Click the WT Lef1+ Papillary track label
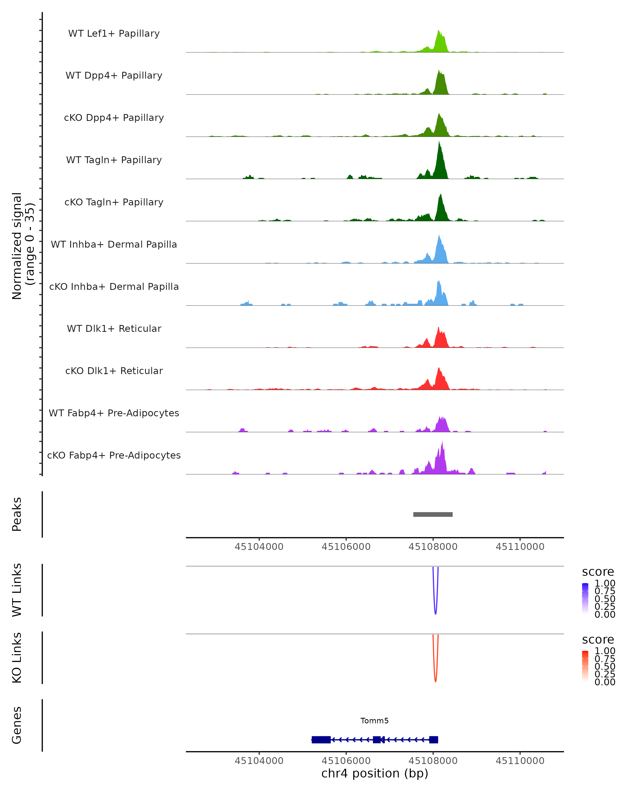114,34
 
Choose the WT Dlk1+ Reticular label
114,328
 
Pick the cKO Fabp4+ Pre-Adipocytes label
114,455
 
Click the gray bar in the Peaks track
433,514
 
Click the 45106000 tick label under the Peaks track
346,547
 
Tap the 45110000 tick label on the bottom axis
520,760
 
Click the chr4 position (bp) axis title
375,773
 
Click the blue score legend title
598,572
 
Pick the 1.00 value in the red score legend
605,651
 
